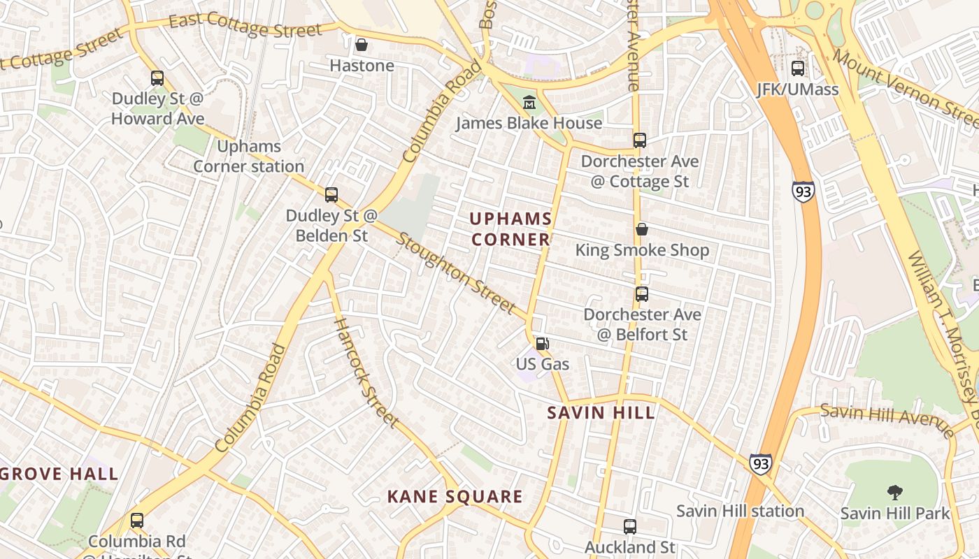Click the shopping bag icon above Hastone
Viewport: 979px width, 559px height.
coord(362,45)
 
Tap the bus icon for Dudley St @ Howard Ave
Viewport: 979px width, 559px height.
coord(157,78)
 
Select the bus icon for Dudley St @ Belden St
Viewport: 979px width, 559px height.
coord(331,195)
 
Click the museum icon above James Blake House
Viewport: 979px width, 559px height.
coord(529,103)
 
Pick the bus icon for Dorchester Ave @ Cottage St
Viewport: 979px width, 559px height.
coord(640,140)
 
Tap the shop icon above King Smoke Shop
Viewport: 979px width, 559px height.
coord(641,229)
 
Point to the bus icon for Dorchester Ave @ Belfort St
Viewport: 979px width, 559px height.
coord(642,294)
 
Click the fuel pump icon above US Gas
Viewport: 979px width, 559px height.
coord(542,344)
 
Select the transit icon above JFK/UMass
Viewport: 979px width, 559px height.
coord(798,68)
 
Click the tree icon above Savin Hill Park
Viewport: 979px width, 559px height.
coord(894,493)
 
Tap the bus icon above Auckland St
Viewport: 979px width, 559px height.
coord(630,527)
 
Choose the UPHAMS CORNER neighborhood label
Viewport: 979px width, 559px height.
coord(510,229)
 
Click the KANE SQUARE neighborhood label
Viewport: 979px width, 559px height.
coord(455,497)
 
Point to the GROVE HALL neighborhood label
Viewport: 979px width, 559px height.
coord(59,474)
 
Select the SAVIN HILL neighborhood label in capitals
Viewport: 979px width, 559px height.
coord(601,412)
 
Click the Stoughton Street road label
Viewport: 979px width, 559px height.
coord(457,272)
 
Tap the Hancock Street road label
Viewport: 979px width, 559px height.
coord(365,372)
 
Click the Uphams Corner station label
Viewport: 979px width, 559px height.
coord(248,157)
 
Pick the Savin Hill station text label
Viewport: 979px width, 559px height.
coord(740,511)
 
